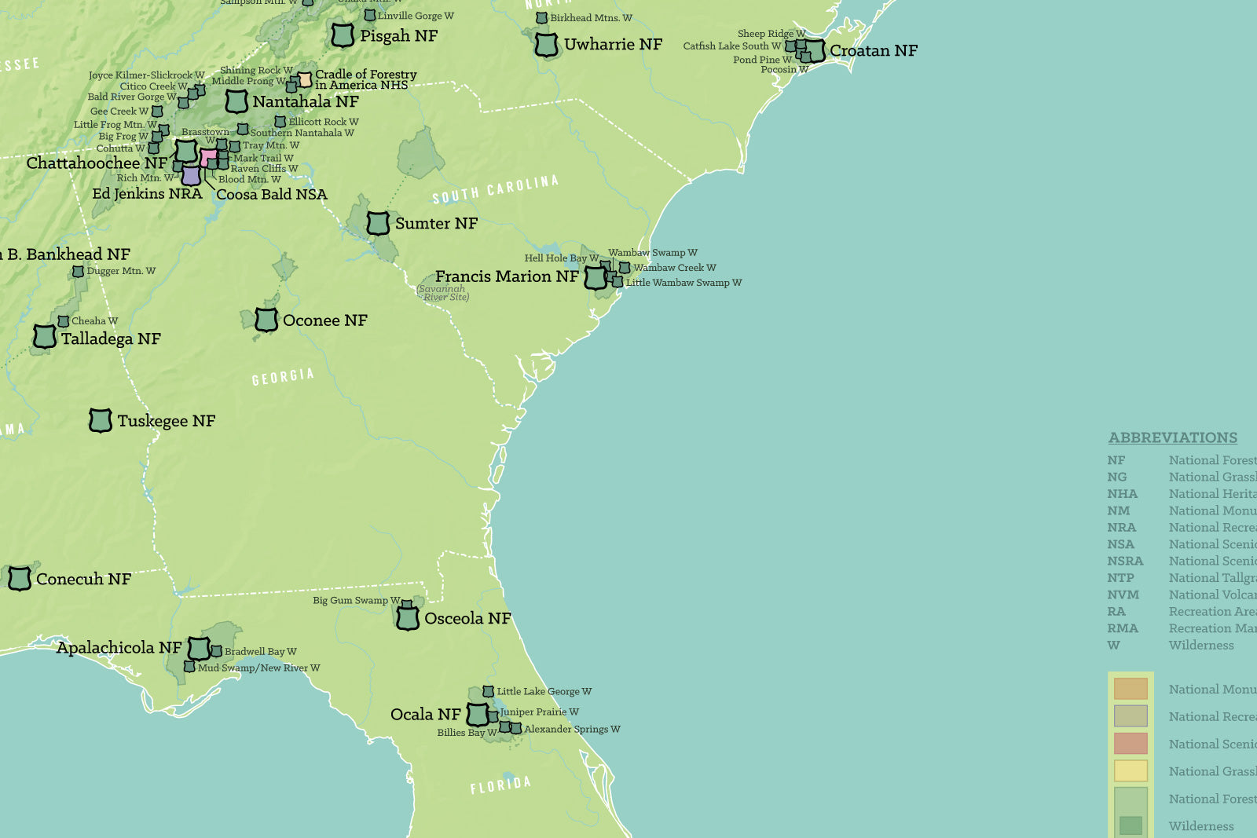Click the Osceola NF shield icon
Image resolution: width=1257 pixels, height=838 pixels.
click(x=407, y=618)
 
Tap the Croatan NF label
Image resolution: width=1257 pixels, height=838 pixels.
click(x=873, y=51)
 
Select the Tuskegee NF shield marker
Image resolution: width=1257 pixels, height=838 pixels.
click(x=100, y=421)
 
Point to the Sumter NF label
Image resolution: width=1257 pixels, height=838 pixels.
click(x=436, y=224)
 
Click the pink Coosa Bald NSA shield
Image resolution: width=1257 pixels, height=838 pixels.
click(x=209, y=158)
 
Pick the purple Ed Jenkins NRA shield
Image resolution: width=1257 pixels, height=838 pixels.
click(x=191, y=175)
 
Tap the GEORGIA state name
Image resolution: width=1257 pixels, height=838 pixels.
click(x=283, y=377)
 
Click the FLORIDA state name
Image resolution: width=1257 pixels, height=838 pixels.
click(x=500, y=785)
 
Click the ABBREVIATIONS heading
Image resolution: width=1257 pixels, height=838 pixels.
click(x=1172, y=438)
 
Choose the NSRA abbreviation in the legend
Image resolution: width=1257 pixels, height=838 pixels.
click(x=1125, y=561)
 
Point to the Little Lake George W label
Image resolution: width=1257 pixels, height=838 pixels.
click(x=544, y=692)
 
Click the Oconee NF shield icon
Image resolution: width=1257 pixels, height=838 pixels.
click(x=266, y=320)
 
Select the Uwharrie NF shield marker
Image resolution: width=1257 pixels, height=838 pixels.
click(x=546, y=45)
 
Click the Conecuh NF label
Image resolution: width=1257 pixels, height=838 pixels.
click(x=83, y=580)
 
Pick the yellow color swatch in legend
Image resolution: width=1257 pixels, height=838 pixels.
click(x=1131, y=771)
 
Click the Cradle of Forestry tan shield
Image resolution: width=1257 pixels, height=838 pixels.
click(x=304, y=80)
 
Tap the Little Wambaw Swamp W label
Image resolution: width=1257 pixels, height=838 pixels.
click(x=683, y=283)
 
